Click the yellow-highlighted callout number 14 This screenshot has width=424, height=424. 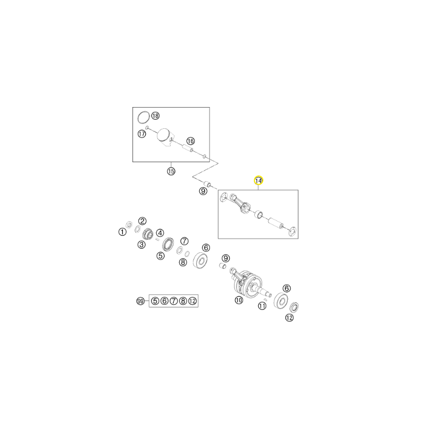click(258, 180)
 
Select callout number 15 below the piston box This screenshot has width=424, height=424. click(171, 171)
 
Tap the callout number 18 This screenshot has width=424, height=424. click(155, 116)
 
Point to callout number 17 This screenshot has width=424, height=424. click(142, 134)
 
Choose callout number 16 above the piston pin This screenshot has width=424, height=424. click(191, 141)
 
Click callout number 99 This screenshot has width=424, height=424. click(140, 301)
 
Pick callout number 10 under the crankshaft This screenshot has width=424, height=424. click(239, 300)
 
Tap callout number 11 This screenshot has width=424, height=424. click(262, 306)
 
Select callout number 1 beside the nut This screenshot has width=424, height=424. click(122, 232)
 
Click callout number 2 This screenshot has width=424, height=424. click(143, 221)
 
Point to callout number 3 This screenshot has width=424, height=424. click(142, 245)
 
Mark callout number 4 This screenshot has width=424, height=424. click(160, 233)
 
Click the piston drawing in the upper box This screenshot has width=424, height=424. click(165, 137)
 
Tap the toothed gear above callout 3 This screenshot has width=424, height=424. click(148, 233)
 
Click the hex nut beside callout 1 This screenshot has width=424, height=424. click(129, 224)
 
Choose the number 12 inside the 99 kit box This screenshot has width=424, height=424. click(192, 301)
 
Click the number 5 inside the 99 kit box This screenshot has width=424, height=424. click(155, 301)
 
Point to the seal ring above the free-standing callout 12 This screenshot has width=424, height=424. click(294, 307)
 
